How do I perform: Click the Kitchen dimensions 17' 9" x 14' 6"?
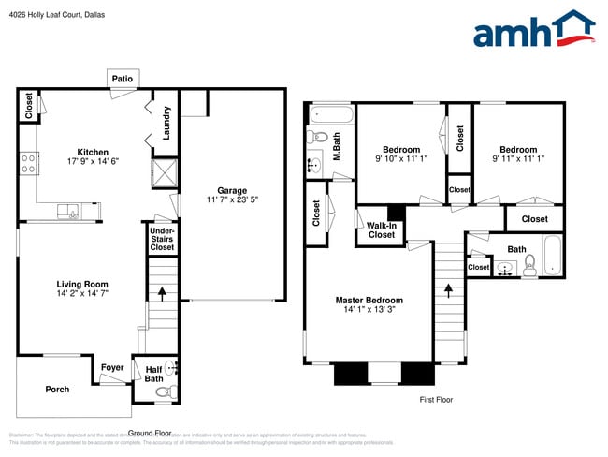[93, 162]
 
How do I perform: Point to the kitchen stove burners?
[28, 164]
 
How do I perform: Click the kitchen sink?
[69, 211]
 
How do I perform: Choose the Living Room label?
[81, 284]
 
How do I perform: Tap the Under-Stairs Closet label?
[162, 239]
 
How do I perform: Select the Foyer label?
[112, 367]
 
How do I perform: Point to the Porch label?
[57, 389]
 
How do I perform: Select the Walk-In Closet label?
[381, 230]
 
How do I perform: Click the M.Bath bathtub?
[332, 117]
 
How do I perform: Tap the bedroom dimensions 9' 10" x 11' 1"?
[400, 159]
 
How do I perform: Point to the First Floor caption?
[435, 400]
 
